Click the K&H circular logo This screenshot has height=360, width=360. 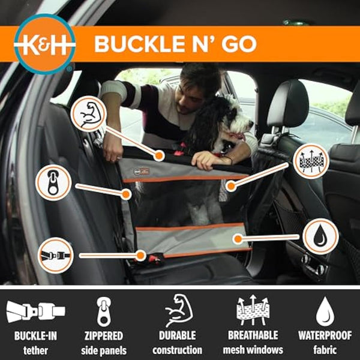click(45, 44)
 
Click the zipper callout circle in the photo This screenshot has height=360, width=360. click(55, 182)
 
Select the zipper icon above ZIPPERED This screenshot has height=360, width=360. click(104, 311)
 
